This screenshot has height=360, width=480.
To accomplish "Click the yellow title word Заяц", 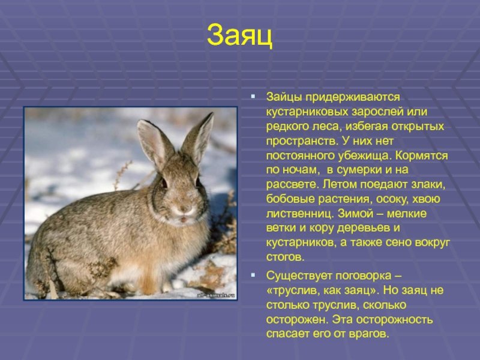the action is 239,35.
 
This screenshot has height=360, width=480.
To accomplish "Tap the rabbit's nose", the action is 184,209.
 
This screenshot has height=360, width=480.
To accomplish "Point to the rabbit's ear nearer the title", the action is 198,139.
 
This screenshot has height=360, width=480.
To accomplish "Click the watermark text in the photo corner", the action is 216,295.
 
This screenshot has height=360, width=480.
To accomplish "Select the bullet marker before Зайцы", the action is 253,97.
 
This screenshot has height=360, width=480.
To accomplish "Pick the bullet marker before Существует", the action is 253,275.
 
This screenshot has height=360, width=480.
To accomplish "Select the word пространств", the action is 302,142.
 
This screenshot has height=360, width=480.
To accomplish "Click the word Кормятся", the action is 422,156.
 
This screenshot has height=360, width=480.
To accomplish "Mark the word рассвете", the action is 293,185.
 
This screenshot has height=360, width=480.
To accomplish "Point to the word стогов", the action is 286,257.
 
